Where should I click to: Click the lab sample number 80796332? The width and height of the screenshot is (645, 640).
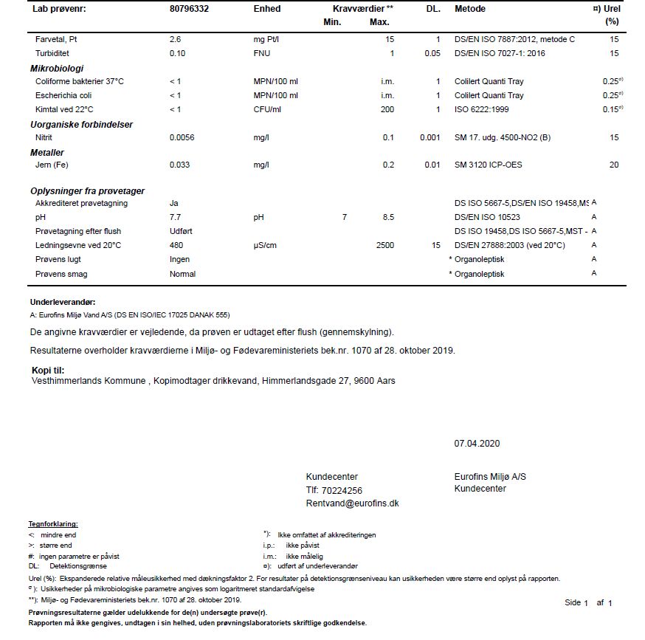pos(190,9)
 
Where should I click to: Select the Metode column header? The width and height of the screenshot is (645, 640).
pos(470,9)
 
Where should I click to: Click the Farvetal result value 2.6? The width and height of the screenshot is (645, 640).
pos(176,39)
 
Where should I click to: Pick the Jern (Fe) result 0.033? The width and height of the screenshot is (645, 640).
pos(180,165)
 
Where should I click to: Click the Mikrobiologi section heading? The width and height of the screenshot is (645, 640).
pos(57,68)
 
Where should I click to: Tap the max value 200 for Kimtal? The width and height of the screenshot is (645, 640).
pos(387,109)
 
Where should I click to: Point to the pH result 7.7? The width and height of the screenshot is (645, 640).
pos(176,217)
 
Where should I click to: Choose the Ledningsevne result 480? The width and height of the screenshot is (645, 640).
pos(176,245)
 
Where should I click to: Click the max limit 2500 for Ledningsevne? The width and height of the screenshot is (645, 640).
pos(384,245)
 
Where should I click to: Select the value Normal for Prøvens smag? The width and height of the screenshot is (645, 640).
pos(182,274)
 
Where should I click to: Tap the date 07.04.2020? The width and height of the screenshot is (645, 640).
pos(477,444)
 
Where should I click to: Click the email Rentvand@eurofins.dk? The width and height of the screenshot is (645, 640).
pos(352,503)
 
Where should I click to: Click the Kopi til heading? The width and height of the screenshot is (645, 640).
pos(48,370)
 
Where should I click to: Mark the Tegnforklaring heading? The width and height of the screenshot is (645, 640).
pos(52,524)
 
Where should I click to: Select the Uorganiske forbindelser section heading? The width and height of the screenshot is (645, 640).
pos(81,124)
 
